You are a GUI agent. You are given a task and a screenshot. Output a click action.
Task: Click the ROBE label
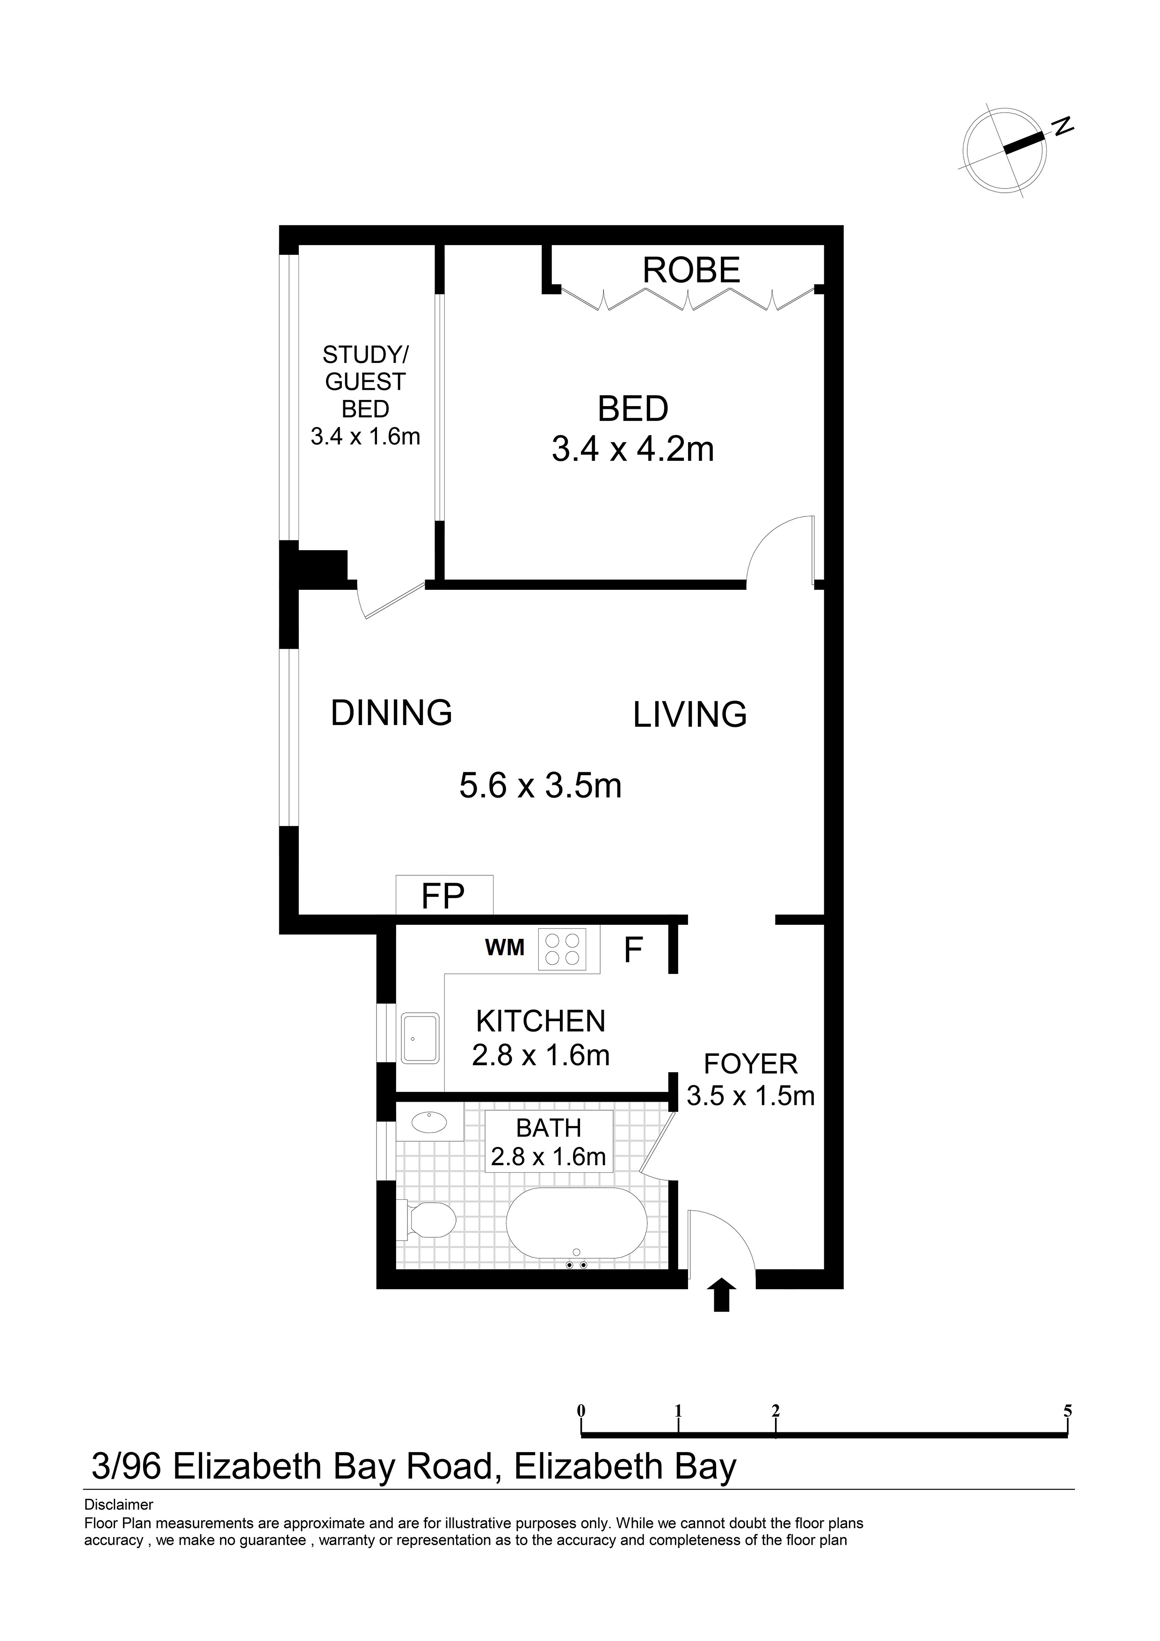(691, 270)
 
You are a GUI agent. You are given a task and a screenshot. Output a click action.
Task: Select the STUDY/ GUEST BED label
(365, 382)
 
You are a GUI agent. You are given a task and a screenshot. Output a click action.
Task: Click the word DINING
(391, 712)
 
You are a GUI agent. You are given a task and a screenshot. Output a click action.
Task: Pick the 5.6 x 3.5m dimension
(540, 785)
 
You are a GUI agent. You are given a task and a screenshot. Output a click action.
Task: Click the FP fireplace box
(444, 895)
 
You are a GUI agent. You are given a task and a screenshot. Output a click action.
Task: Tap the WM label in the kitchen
(505, 948)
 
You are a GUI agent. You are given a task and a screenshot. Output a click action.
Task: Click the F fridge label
(633, 951)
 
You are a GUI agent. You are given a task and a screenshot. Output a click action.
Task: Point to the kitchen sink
(420, 1038)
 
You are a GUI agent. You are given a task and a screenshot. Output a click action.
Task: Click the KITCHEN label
(541, 1021)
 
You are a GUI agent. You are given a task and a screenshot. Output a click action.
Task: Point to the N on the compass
(1063, 126)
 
